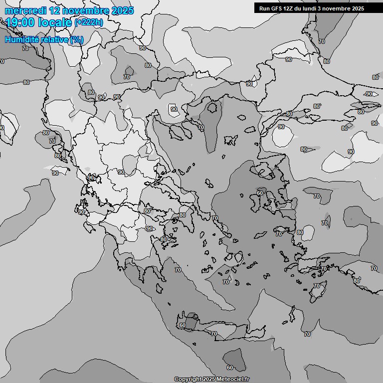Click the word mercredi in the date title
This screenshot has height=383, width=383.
(24, 10)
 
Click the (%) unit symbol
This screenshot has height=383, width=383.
(77, 39)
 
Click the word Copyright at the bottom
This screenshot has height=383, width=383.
(188, 379)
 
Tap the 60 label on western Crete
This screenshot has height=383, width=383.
(183, 326)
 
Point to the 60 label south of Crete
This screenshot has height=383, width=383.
(230, 367)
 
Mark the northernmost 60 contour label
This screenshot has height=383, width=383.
(259, 193)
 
